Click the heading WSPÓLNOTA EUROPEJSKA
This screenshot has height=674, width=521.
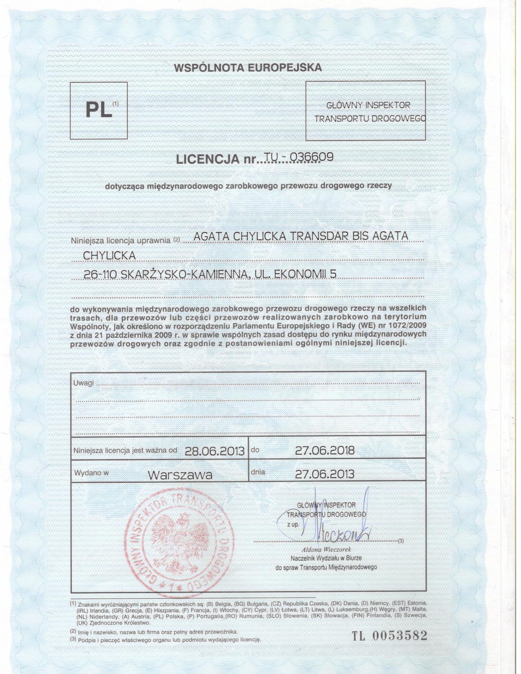248,68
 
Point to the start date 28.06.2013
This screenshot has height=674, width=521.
215,451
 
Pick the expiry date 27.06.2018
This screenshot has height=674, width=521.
325,450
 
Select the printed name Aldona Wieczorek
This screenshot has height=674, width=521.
326,549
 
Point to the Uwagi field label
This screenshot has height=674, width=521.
83,383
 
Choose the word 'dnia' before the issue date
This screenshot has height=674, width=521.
258,472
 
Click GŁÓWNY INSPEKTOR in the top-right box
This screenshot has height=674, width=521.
368,105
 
